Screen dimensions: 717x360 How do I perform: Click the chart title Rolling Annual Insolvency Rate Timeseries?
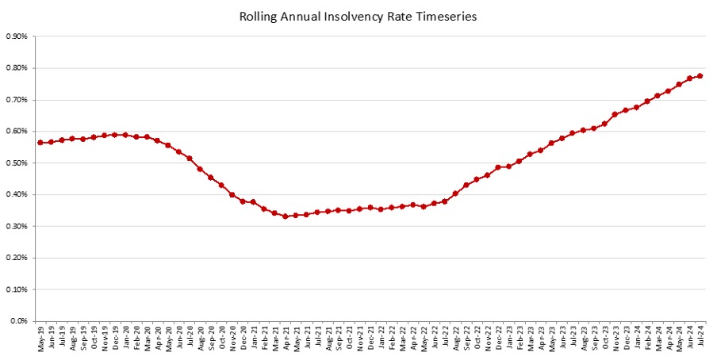click(x=358, y=17)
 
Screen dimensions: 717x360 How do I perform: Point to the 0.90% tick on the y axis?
click(x=17, y=36)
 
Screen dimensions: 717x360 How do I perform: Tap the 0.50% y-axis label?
click(x=17, y=163)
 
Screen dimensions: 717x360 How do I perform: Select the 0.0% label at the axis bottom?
click(x=18, y=321)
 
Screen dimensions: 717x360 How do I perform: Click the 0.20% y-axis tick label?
click(x=17, y=258)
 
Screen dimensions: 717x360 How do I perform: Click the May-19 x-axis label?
click(x=40, y=338)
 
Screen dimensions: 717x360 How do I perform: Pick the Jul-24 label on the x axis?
click(x=700, y=337)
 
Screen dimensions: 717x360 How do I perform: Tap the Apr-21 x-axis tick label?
click(x=286, y=338)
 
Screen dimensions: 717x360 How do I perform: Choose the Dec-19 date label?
click(x=115, y=338)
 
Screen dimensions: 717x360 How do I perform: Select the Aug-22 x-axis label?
click(x=455, y=338)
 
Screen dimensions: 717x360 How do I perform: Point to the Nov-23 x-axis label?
click(x=615, y=338)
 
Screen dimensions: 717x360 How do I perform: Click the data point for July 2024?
click(x=700, y=76)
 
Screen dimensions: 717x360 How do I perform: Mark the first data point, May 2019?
click(x=40, y=143)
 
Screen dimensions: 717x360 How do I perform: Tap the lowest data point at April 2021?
click(x=286, y=216)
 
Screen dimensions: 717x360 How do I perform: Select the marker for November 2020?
click(x=232, y=194)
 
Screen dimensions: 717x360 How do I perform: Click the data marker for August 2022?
click(x=455, y=193)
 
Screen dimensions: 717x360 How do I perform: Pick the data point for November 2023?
click(x=615, y=114)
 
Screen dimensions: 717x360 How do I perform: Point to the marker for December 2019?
click(x=115, y=135)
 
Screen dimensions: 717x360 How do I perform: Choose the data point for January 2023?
click(x=508, y=167)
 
